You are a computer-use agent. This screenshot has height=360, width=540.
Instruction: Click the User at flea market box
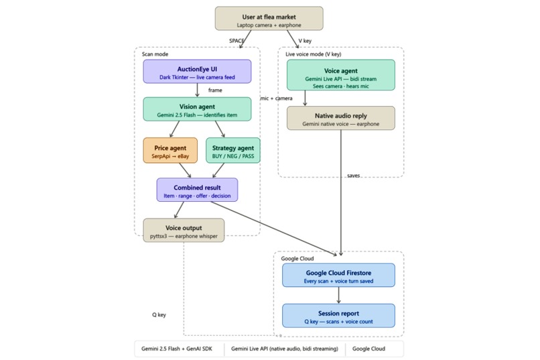(x=269, y=18)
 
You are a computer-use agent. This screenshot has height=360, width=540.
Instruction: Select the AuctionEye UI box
(x=197, y=71)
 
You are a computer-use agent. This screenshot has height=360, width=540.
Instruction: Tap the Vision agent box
(x=197, y=109)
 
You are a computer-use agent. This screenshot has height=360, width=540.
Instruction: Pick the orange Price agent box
(x=170, y=150)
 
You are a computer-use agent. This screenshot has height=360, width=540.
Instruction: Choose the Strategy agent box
(x=232, y=150)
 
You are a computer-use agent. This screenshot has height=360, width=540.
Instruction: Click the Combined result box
(x=197, y=190)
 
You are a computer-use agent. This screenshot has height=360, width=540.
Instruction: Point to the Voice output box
(x=184, y=230)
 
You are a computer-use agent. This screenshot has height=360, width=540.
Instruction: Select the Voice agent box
(x=340, y=75)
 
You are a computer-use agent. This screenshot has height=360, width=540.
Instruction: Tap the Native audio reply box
(x=340, y=118)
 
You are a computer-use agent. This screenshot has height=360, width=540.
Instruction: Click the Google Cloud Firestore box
(x=338, y=276)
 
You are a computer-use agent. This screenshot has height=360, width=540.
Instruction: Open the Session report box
(x=338, y=316)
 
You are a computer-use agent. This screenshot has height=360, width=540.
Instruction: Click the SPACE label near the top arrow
(x=237, y=41)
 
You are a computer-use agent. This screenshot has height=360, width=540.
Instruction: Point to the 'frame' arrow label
(x=215, y=91)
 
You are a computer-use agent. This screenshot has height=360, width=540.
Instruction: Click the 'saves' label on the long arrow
(x=353, y=176)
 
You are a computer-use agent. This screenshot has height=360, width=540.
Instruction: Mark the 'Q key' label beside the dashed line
(x=159, y=315)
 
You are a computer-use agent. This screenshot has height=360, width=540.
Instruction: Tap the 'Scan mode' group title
(x=155, y=54)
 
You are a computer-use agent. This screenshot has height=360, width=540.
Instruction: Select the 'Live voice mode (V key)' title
(x=314, y=54)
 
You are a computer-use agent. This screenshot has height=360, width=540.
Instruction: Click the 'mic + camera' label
(x=276, y=99)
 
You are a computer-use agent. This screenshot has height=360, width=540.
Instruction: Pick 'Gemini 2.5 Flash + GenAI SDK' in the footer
(x=177, y=349)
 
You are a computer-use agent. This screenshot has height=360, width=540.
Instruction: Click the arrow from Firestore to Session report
(x=338, y=295)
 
